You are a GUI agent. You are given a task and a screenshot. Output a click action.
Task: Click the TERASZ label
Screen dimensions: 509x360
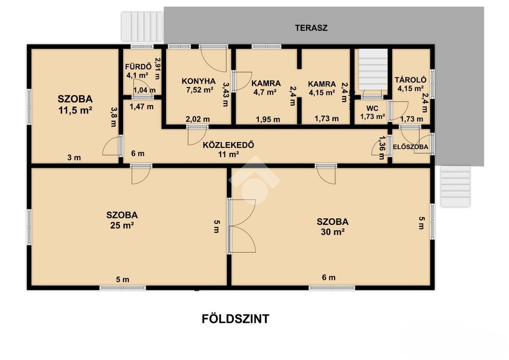click(x=311, y=28)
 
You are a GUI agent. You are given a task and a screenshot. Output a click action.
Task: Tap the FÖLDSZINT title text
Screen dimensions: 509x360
click(x=235, y=319)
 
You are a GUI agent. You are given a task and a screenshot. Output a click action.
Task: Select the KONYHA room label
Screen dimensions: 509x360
click(x=199, y=81)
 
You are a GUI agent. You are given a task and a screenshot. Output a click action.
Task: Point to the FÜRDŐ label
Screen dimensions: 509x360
click(x=138, y=67)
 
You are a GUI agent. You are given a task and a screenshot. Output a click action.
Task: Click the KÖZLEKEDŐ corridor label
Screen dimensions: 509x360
click(x=228, y=145)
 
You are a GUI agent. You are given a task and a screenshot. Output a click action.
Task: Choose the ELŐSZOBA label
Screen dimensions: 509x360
click(x=410, y=147)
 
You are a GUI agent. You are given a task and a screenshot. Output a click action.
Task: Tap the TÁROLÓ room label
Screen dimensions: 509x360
click(x=410, y=80)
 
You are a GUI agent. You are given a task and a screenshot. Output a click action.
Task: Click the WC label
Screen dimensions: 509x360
click(x=372, y=108)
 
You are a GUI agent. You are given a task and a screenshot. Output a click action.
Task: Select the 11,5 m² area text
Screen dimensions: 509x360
click(x=75, y=110)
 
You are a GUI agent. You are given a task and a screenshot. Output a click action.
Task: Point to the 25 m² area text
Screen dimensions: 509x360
click(x=122, y=225)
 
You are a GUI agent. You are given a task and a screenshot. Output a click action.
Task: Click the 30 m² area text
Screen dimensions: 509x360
click(x=332, y=232)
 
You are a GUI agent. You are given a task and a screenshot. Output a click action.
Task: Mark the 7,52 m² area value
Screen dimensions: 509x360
click(x=200, y=90)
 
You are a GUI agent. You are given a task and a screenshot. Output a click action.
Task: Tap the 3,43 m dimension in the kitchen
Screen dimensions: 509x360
click(x=226, y=94)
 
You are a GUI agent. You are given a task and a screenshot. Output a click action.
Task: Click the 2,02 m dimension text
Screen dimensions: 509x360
click(x=198, y=119)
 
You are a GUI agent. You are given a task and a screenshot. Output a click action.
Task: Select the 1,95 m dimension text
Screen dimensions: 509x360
click(x=268, y=119)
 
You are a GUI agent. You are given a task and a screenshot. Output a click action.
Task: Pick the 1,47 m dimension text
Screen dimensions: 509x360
click(x=142, y=107)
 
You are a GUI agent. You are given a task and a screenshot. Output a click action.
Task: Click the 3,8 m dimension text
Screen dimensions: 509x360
click(x=113, y=117)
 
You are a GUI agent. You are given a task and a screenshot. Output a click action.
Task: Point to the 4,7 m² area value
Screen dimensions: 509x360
click(x=265, y=92)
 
